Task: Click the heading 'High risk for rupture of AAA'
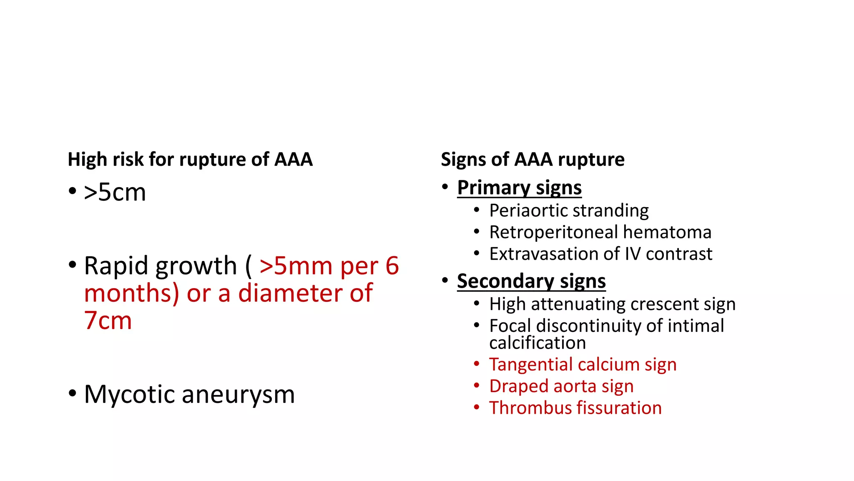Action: (x=190, y=159)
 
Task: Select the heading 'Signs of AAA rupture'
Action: (x=532, y=159)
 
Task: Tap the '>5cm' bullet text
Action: (x=115, y=192)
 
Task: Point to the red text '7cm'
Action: (x=108, y=321)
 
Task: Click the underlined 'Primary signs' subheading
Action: (x=519, y=187)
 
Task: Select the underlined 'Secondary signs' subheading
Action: (x=531, y=281)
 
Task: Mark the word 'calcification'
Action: (x=538, y=343)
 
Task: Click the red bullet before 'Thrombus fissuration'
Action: (x=477, y=407)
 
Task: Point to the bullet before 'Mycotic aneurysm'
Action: (x=73, y=393)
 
